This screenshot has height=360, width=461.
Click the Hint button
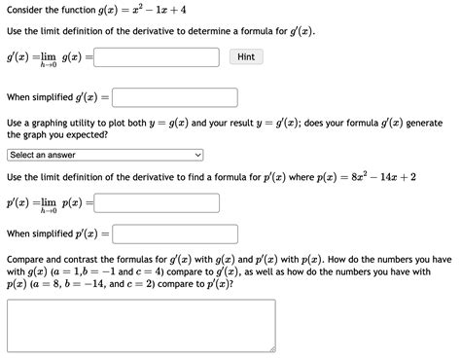(246, 57)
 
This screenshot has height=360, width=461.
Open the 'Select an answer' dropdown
(104, 155)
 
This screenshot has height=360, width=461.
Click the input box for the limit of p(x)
(156, 203)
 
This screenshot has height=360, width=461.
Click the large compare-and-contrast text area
(141, 325)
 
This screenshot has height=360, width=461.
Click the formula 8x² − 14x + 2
(385, 178)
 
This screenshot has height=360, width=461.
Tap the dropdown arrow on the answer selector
(198, 155)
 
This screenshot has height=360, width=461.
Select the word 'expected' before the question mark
(82, 136)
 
